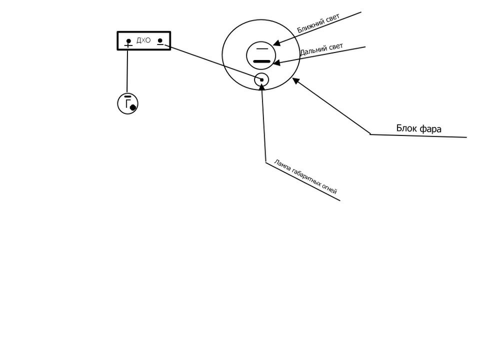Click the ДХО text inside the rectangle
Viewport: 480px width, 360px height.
pos(143,40)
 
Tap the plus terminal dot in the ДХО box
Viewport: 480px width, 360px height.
pos(128,40)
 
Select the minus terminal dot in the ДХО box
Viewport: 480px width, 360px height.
pos(160,40)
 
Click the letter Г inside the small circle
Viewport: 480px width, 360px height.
pos(127,102)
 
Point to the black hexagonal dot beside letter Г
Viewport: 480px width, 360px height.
pos(133,107)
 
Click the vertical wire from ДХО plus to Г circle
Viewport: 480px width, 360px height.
pos(127,71)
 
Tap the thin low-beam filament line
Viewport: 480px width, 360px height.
pos(261,49)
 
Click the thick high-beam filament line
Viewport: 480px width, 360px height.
pos(261,61)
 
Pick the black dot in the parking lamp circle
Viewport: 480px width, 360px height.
pos(261,80)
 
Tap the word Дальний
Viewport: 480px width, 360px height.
pos(310,51)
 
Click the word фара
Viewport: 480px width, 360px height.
pos(430,129)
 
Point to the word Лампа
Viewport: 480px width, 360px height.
pos(281,164)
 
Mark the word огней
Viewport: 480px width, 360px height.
pos(329,189)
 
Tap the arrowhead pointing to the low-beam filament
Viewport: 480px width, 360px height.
pos(276,43)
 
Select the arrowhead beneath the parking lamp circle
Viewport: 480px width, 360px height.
pos(262,86)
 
